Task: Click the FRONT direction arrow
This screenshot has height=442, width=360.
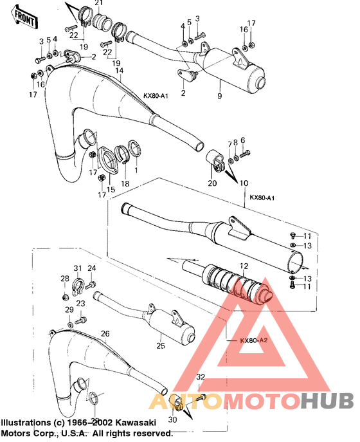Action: (24, 17)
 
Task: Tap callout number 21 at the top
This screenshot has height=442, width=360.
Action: (98, 4)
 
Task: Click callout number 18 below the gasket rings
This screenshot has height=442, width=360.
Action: (125, 183)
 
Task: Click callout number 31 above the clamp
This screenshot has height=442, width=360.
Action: (76, 268)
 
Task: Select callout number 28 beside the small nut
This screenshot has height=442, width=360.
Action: (65, 279)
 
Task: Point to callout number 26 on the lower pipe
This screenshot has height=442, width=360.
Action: (105, 333)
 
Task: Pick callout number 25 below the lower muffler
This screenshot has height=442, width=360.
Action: (160, 347)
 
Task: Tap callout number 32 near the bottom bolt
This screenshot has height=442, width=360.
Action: (201, 377)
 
